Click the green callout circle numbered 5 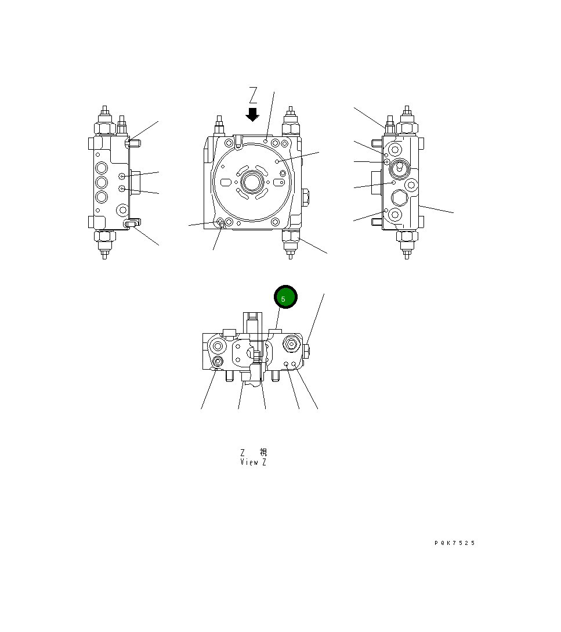coord(285,297)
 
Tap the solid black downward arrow coord(252,114)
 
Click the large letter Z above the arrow coord(253,95)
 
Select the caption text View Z coord(254,463)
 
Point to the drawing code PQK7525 coord(455,543)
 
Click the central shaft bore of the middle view coord(252,182)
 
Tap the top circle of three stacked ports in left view coord(102,168)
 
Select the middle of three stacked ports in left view coord(102,182)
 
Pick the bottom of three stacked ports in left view coord(102,197)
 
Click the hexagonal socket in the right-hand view coord(399,198)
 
